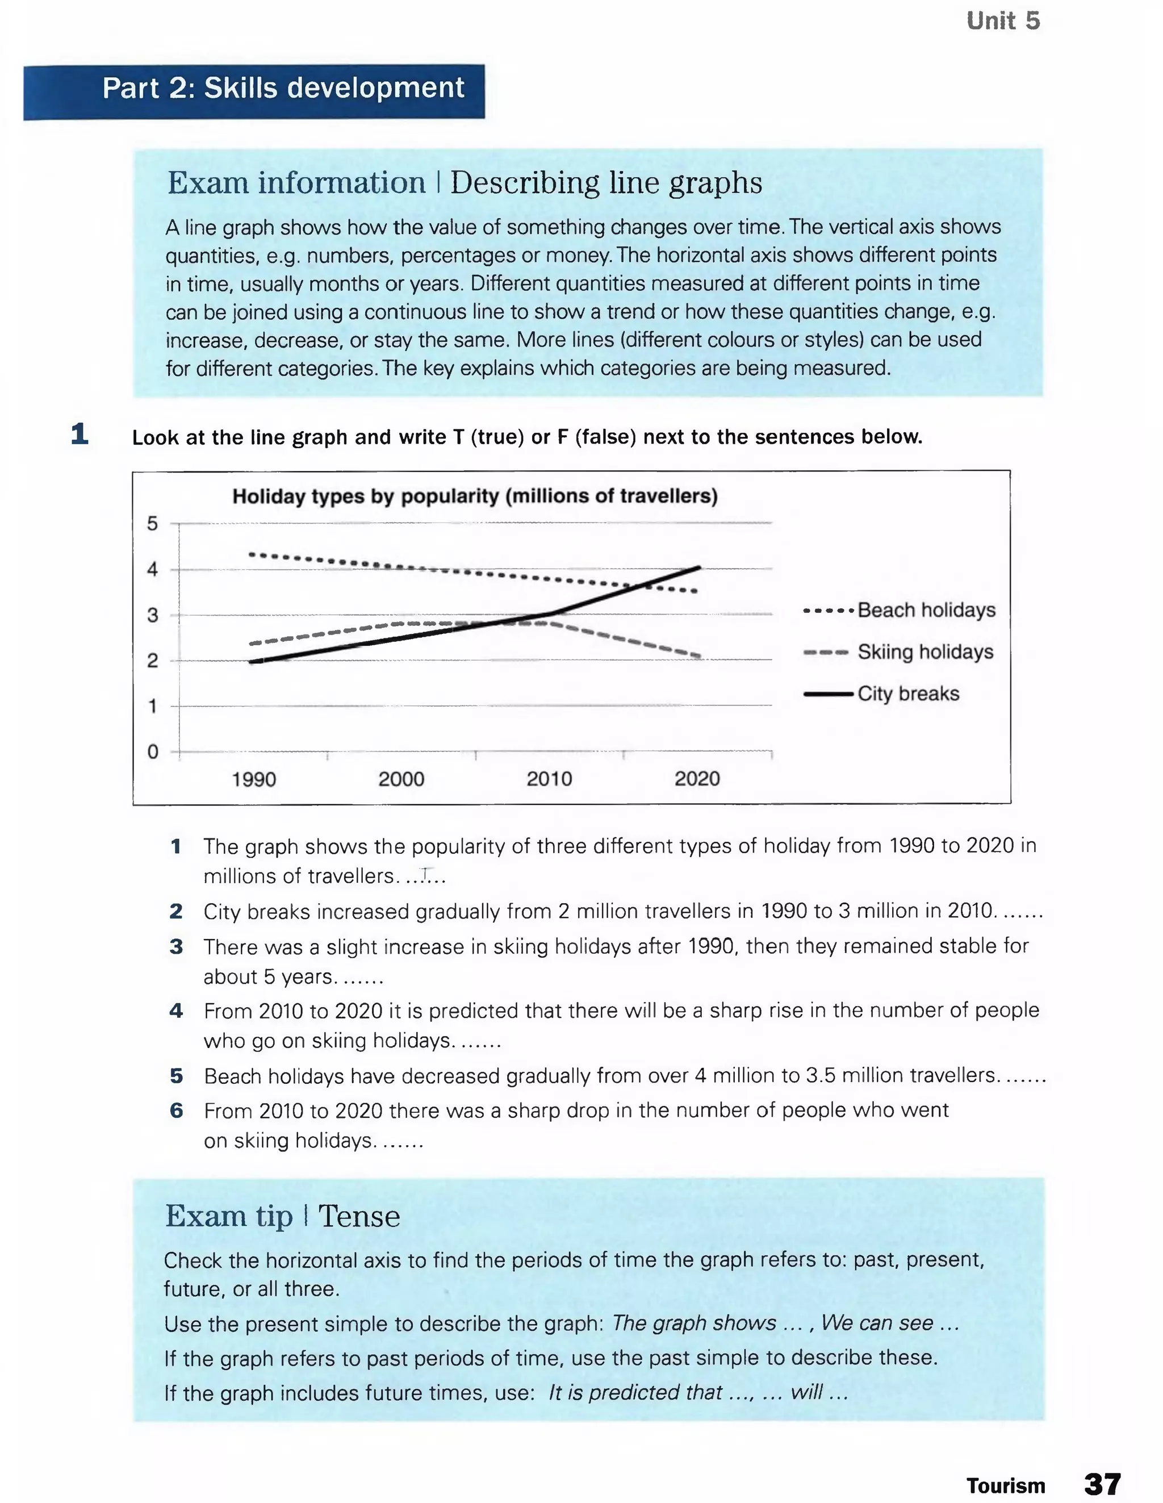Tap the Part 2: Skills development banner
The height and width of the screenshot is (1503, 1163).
(x=283, y=88)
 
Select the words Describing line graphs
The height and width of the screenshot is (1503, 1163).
(x=605, y=183)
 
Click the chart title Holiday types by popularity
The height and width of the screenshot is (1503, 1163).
(x=475, y=496)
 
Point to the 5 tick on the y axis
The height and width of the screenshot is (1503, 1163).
(x=153, y=524)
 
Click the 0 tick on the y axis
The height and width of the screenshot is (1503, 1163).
(x=153, y=751)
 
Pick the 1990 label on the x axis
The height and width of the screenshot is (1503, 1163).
(x=254, y=780)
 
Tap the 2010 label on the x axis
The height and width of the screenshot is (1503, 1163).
(x=549, y=779)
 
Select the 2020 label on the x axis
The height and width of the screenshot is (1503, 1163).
(x=697, y=779)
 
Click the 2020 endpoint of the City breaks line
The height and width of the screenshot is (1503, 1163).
(x=699, y=568)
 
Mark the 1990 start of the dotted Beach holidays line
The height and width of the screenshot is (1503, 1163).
(x=252, y=554)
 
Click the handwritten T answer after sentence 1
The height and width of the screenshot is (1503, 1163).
(x=426, y=875)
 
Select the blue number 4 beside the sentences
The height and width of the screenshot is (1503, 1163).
(x=176, y=1011)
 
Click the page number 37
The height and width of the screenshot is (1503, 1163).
(x=1102, y=1484)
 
